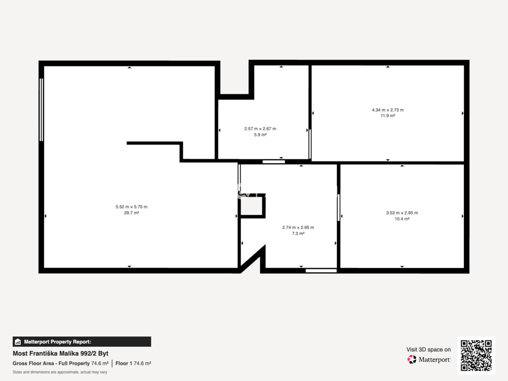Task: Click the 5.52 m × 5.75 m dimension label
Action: tap(131, 207)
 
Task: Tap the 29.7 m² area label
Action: tap(131, 213)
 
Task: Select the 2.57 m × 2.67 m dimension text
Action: tap(260, 128)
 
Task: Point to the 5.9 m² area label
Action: tap(260, 135)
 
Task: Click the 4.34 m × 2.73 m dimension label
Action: tap(388, 110)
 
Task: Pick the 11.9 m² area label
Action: tap(388, 116)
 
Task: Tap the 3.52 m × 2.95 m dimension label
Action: tap(402, 213)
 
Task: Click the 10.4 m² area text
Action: tap(402, 219)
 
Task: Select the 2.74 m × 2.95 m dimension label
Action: tap(298, 227)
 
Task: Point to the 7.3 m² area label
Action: tap(298, 234)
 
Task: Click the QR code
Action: tap(476, 355)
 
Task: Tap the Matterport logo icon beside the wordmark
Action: tap(412, 359)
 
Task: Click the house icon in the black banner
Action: tap(18, 342)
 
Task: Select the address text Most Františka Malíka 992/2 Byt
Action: tap(61, 353)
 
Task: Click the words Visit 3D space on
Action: tap(429, 350)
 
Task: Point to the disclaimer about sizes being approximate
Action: tap(60, 372)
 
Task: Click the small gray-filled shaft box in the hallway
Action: tap(252, 206)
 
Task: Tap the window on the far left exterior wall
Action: tap(41, 110)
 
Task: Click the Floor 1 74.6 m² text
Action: tap(133, 364)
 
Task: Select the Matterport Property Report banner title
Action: tap(58, 342)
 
